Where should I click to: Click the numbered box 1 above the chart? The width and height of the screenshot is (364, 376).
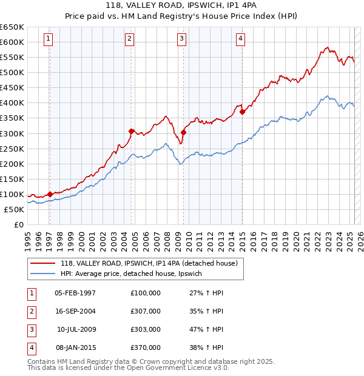click(48, 39)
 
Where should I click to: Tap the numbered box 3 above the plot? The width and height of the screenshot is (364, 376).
click(181, 39)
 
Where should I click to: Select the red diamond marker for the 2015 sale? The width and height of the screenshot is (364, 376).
click(242, 112)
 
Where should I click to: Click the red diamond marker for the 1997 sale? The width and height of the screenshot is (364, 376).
click(50, 194)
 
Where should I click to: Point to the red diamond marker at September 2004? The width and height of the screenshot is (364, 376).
click(131, 131)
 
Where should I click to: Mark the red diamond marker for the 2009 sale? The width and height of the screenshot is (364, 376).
click(183, 132)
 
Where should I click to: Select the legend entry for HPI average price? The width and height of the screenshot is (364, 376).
click(135, 274)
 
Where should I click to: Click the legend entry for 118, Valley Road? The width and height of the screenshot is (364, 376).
click(152, 263)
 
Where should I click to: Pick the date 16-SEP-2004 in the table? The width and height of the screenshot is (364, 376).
click(75, 311)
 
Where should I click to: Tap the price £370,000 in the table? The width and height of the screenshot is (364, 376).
click(146, 347)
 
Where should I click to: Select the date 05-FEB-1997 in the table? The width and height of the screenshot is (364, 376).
click(75, 293)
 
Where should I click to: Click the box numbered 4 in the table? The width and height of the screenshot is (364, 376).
click(30, 347)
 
